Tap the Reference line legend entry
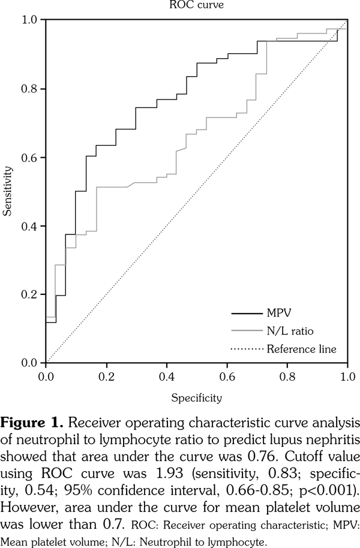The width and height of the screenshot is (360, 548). coord(310,348)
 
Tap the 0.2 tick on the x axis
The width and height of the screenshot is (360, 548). coord(106,377)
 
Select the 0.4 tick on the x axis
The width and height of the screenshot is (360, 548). coord(166,377)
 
